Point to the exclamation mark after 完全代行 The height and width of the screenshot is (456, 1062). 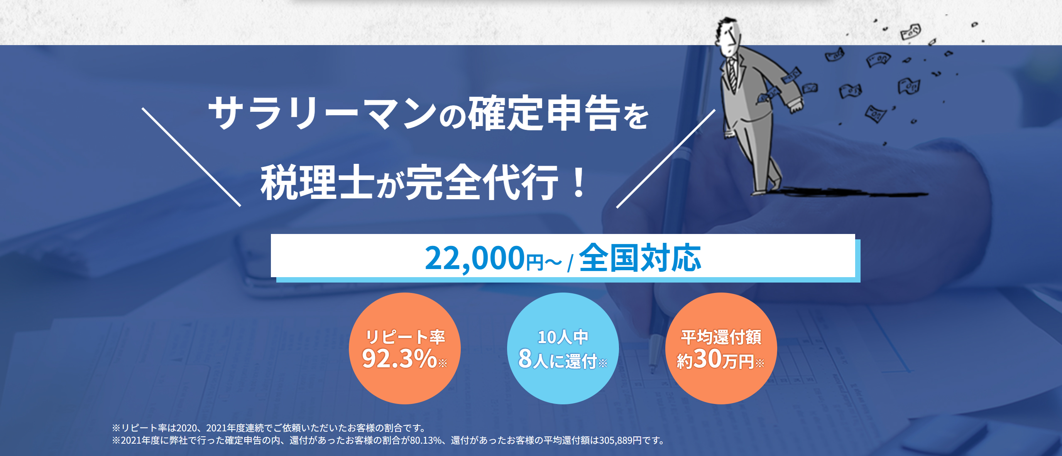coord(579,182)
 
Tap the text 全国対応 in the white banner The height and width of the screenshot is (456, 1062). coord(640,258)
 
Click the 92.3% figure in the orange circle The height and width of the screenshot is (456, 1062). coord(399,358)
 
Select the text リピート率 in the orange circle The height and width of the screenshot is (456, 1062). coord(405,337)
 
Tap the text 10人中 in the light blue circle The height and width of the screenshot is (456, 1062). coord(563,337)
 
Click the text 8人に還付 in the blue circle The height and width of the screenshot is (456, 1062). coord(557,360)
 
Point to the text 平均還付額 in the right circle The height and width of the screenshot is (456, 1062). coord(720,337)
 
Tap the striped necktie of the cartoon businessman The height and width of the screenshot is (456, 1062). coord(732,74)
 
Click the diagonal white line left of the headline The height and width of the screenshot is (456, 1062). coord(191,157)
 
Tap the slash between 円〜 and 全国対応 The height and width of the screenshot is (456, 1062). coord(570,264)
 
